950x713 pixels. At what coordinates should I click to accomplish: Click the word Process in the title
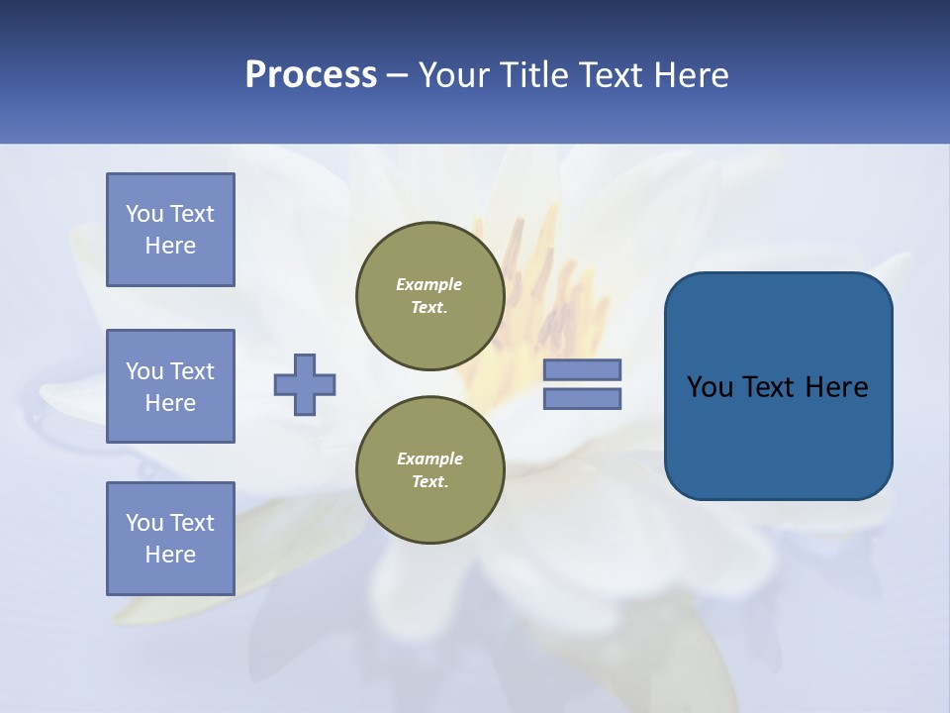click(311, 75)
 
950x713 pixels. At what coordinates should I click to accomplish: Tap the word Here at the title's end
click(692, 75)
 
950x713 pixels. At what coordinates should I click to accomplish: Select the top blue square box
click(170, 230)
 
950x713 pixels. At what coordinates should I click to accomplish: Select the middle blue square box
click(170, 386)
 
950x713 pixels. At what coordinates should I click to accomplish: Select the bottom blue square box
click(170, 539)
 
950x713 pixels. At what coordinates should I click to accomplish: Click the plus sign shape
click(305, 384)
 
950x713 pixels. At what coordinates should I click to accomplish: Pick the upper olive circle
click(429, 295)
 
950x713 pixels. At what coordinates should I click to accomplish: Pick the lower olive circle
click(429, 469)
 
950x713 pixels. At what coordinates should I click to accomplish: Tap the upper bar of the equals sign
click(582, 369)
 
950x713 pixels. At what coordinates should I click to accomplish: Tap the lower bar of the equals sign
click(582, 398)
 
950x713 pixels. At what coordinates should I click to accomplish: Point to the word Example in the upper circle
click(428, 284)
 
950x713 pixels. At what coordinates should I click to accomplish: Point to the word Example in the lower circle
click(429, 458)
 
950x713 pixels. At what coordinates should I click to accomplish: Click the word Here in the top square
click(170, 246)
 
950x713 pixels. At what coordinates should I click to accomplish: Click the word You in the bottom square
click(144, 523)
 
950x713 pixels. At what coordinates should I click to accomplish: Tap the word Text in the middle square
click(192, 371)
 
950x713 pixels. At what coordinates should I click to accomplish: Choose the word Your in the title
click(453, 75)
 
